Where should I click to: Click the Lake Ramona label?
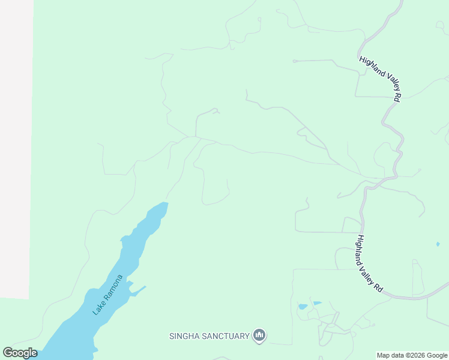(x=108, y=295)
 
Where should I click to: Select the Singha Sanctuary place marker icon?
(x=259, y=335)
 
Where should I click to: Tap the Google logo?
(x=20, y=353)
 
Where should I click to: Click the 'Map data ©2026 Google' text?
(x=412, y=355)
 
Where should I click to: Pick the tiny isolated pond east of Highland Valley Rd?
(x=438, y=244)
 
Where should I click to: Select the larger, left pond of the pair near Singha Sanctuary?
(x=303, y=307)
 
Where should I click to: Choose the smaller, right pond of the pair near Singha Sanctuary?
(x=318, y=303)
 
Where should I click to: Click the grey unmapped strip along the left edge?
(x=16, y=150)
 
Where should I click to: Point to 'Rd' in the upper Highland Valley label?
(x=397, y=97)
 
